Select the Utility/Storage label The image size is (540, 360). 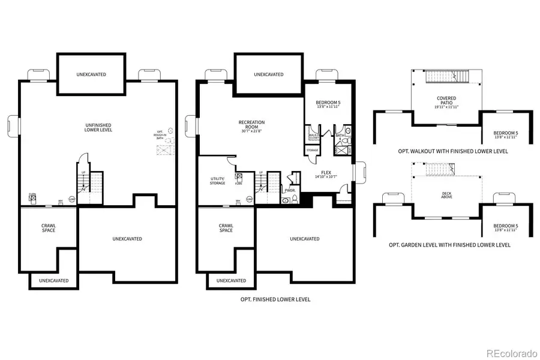point(217,181)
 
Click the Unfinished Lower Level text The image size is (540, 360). point(98,128)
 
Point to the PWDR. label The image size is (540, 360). point(290,190)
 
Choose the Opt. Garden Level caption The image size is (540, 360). point(450,245)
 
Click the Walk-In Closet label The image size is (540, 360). point(313,136)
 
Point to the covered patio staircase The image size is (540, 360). point(446,77)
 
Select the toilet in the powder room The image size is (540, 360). point(287,200)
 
